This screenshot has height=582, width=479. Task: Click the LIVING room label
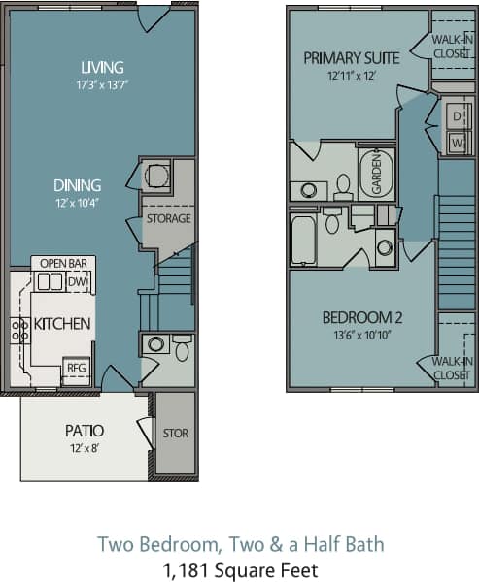tap(103, 67)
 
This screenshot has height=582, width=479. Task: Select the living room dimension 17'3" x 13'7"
tap(103, 83)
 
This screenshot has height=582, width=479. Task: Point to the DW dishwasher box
tap(77, 281)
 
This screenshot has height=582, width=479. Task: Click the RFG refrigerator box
tap(76, 368)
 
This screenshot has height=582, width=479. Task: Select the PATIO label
tap(85, 430)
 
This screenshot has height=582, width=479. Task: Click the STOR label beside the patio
tap(176, 434)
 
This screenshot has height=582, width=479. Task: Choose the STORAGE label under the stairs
tap(168, 218)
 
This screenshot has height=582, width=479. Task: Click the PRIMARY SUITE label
tap(345, 58)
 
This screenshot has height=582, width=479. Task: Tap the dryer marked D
tap(456, 117)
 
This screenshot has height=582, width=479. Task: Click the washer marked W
tap(456, 143)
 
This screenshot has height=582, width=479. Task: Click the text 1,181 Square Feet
tap(241, 569)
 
